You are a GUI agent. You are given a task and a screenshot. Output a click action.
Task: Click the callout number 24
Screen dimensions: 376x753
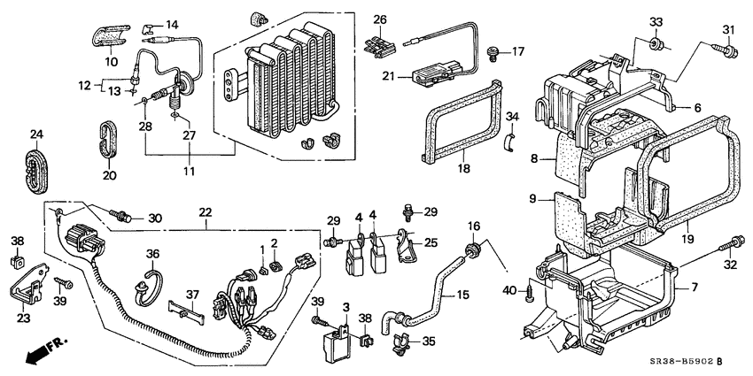click(x=36, y=135)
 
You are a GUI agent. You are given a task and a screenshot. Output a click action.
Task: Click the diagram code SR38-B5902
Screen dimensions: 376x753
click(x=681, y=360)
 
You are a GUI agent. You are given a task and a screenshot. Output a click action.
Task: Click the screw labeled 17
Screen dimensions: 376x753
click(x=495, y=53)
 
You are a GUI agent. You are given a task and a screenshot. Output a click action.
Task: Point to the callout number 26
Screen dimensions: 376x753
click(x=380, y=19)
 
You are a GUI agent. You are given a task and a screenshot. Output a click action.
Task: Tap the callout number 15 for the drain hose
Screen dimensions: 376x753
click(x=464, y=295)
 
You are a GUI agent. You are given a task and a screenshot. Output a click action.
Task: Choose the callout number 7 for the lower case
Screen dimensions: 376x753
click(x=694, y=288)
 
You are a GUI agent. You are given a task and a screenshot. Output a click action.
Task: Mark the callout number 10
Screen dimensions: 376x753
click(x=111, y=61)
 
